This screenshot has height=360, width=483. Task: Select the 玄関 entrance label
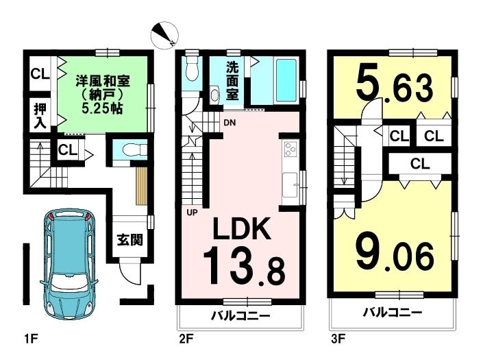coord(129,239)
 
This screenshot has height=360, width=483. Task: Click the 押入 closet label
coord(40,116)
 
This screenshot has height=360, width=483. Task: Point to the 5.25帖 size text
coord(102,108)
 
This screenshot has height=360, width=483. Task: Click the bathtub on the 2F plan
coord(286,80)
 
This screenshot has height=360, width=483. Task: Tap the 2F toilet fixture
coord(192,69)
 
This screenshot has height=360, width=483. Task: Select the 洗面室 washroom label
coord(232,81)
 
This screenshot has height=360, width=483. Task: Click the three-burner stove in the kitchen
coord(290,149)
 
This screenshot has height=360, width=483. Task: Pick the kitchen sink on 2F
coord(290,184)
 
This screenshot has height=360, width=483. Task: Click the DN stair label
coord(230,123)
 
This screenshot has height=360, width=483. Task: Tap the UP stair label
coord(192,213)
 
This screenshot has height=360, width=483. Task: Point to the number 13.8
coord(243,267)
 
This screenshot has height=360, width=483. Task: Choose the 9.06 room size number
coord(395,255)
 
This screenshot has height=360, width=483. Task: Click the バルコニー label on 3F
coord(392,313)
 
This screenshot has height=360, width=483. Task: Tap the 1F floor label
coord(31,339)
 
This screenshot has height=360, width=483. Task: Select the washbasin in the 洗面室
coord(214,95)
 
